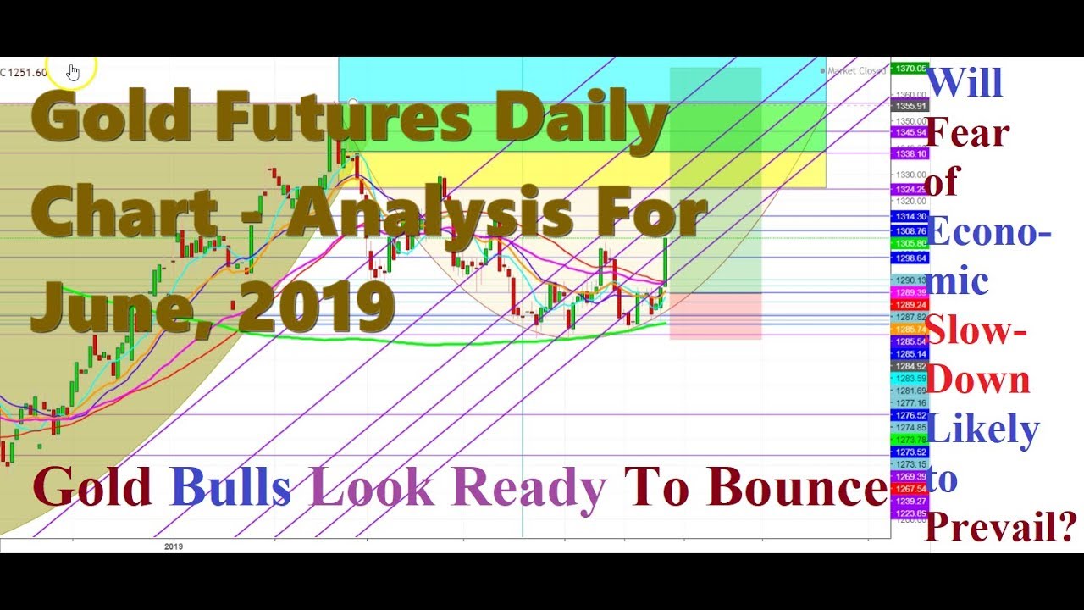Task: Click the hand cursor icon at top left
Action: (x=73, y=73)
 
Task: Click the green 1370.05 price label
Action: (x=910, y=69)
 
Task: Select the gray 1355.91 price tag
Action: (x=910, y=106)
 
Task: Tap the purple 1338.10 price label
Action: (x=910, y=154)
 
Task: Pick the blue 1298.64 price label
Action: (x=910, y=258)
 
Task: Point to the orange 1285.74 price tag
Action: (x=910, y=329)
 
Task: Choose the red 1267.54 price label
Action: (x=910, y=489)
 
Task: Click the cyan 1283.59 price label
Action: (x=910, y=378)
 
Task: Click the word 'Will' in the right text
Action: (x=965, y=83)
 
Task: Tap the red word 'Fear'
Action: (x=968, y=132)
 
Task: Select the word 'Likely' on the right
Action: (x=983, y=429)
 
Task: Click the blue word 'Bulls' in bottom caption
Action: (x=230, y=488)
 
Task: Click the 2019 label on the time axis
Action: (x=174, y=546)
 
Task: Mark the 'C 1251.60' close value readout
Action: (x=24, y=72)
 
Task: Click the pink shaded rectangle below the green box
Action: (x=715, y=316)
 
